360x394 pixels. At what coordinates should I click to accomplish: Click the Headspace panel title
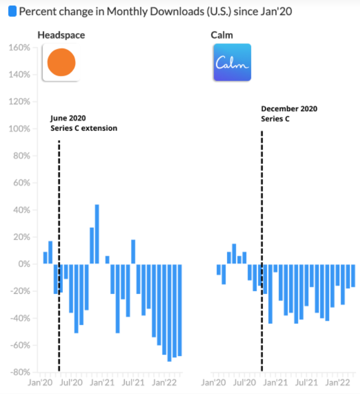click(x=61, y=35)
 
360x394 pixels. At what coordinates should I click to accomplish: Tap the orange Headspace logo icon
click(x=61, y=62)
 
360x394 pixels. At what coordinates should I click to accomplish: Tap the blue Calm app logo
click(x=232, y=62)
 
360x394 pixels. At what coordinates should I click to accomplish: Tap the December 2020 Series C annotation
click(x=289, y=114)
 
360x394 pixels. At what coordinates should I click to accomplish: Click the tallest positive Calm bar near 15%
click(x=234, y=254)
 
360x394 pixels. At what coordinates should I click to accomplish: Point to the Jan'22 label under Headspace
click(x=165, y=383)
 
